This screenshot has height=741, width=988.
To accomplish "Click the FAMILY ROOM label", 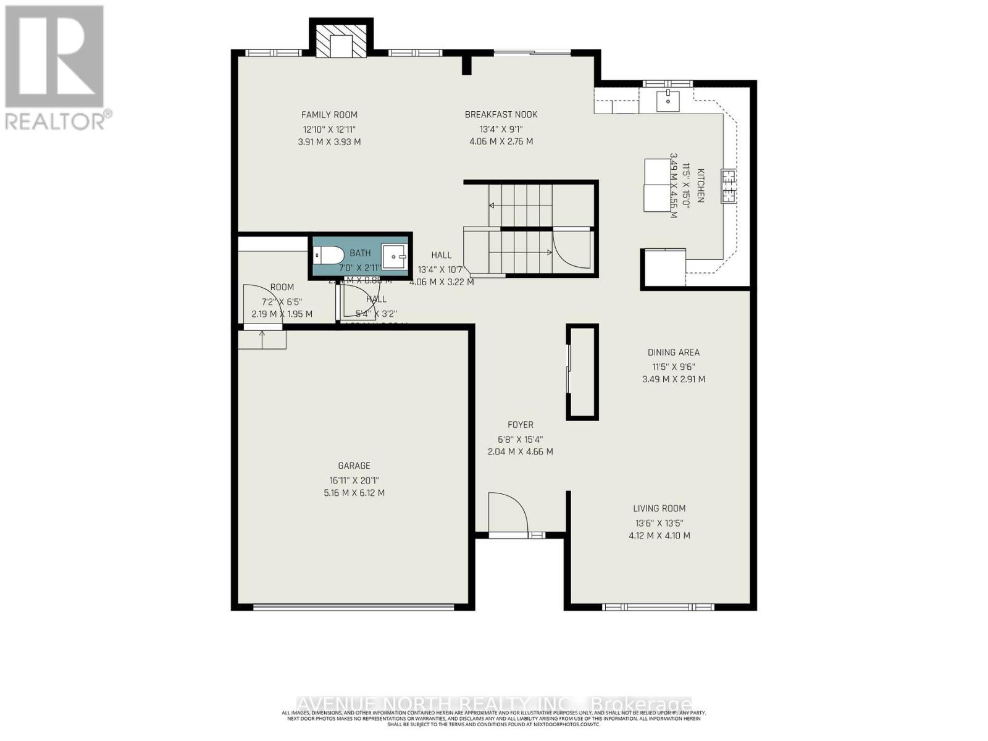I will tap(329, 115).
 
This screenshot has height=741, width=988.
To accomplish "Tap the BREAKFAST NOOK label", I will tap(501, 115).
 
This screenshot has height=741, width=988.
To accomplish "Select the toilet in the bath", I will tap(328, 255).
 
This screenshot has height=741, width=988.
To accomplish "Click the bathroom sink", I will tap(394, 256).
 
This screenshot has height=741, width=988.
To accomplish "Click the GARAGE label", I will tap(354, 466).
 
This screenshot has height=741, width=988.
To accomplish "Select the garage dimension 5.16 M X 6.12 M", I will tap(354, 493).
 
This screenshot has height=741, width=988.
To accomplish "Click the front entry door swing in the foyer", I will tap(508, 513).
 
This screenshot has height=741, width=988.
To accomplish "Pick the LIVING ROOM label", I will tap(659, 509).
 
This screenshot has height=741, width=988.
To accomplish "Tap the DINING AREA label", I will tap(673, 353).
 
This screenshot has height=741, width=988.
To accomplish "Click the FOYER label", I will tap(520, 425).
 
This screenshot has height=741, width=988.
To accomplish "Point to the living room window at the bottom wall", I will tap(658, 607).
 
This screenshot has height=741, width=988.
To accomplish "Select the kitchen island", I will tap(657, 185).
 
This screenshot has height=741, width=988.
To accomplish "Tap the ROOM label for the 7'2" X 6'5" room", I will tap(282, 288).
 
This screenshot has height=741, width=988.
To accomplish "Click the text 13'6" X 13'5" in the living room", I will tap(659, 523).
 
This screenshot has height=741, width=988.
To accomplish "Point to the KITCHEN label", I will tap(701, 185).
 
